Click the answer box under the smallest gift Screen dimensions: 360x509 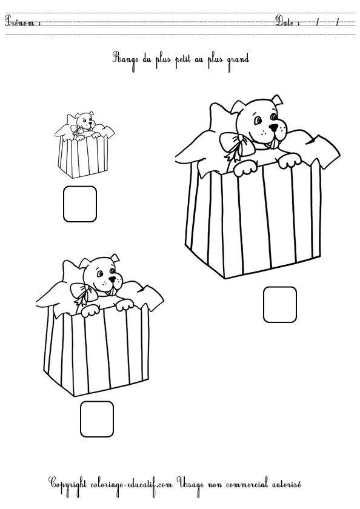(x=79, y=204)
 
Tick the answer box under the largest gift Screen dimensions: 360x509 (x=280, y=304)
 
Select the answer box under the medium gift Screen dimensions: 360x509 (x=97, y=419)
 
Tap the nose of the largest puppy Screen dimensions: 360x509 (x=275, y=128)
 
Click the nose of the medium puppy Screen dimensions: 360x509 (x=112, y=279)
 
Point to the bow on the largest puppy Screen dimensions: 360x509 (x=236, y=144)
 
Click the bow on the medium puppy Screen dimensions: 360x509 (x=84, y=292)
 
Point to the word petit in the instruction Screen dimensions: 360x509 (x=183, y=60)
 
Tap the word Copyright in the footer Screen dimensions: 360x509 (x=67, y=485)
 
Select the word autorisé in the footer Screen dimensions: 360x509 (x=285, y=484)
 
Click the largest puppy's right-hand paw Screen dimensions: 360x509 (x=290, y=161)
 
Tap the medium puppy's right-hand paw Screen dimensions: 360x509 (x=124, y=304)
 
